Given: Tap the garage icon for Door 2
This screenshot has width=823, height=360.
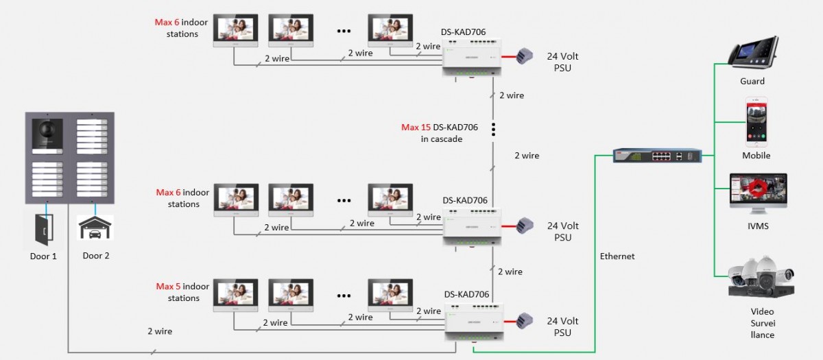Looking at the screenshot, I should [x=95, y=228].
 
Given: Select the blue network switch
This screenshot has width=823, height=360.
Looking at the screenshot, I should [x=658, y=156].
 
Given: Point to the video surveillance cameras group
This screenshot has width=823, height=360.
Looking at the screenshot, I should [x=761, y=278].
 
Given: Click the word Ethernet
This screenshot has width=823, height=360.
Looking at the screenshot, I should [x=617, y=256].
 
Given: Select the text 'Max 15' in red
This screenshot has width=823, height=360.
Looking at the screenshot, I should [x=416, y=128].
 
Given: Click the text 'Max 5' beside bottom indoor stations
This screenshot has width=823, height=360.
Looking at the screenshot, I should [x=168, y=287].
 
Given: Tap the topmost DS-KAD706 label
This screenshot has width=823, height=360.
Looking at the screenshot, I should [x=464, y=32].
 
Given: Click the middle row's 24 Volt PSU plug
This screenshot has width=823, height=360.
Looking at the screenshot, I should [x=525, y=225].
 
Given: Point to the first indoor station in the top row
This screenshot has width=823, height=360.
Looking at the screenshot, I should [x=235, y=31].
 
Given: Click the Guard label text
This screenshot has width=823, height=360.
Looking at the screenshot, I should [x=752, y=82].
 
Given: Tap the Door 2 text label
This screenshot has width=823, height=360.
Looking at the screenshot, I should [x=96, y=256].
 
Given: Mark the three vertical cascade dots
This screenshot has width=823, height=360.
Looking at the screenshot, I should [x=492, y=130].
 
